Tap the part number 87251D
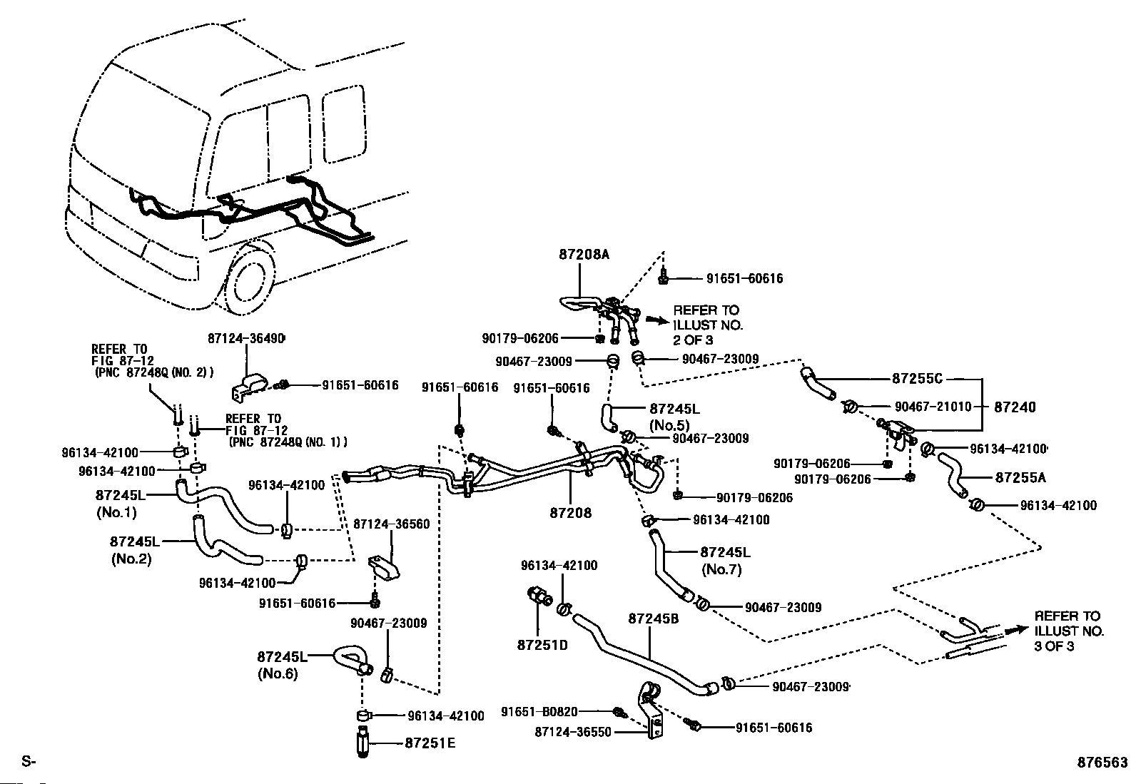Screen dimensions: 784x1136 [542, 645]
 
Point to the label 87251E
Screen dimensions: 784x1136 [430, 743]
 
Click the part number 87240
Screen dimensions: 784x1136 [1015, 407]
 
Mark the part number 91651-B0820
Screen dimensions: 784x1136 [539, 711]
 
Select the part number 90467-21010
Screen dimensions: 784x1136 [933, 407]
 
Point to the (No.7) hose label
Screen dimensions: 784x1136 [721, 569]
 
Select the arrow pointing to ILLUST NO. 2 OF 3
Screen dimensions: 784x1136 [655, 321]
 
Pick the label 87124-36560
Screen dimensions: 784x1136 [391, 524]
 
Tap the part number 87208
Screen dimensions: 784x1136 [571, 512]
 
